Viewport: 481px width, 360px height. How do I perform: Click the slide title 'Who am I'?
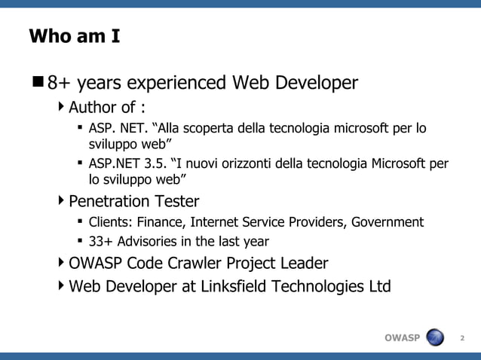point(74,36)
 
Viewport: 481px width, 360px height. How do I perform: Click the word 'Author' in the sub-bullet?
point(92,105)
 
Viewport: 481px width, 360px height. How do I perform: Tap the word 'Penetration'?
point(108,202)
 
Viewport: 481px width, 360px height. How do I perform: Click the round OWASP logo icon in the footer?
point(436,337)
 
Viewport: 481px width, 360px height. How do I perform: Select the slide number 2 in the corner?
point(462,338)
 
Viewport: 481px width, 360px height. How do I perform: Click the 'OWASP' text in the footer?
point(402,338)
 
